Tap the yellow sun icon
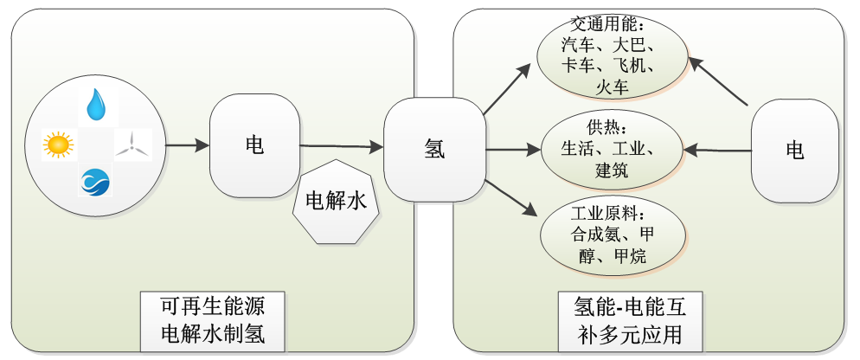[x=58, y=144]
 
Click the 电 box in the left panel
[x=254, y=145]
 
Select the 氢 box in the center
[x=434, y=149]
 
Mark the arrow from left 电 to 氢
[x=342, y=147]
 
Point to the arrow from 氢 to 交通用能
[x=509, y=90]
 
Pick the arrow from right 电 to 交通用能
[x=720, y=83]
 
